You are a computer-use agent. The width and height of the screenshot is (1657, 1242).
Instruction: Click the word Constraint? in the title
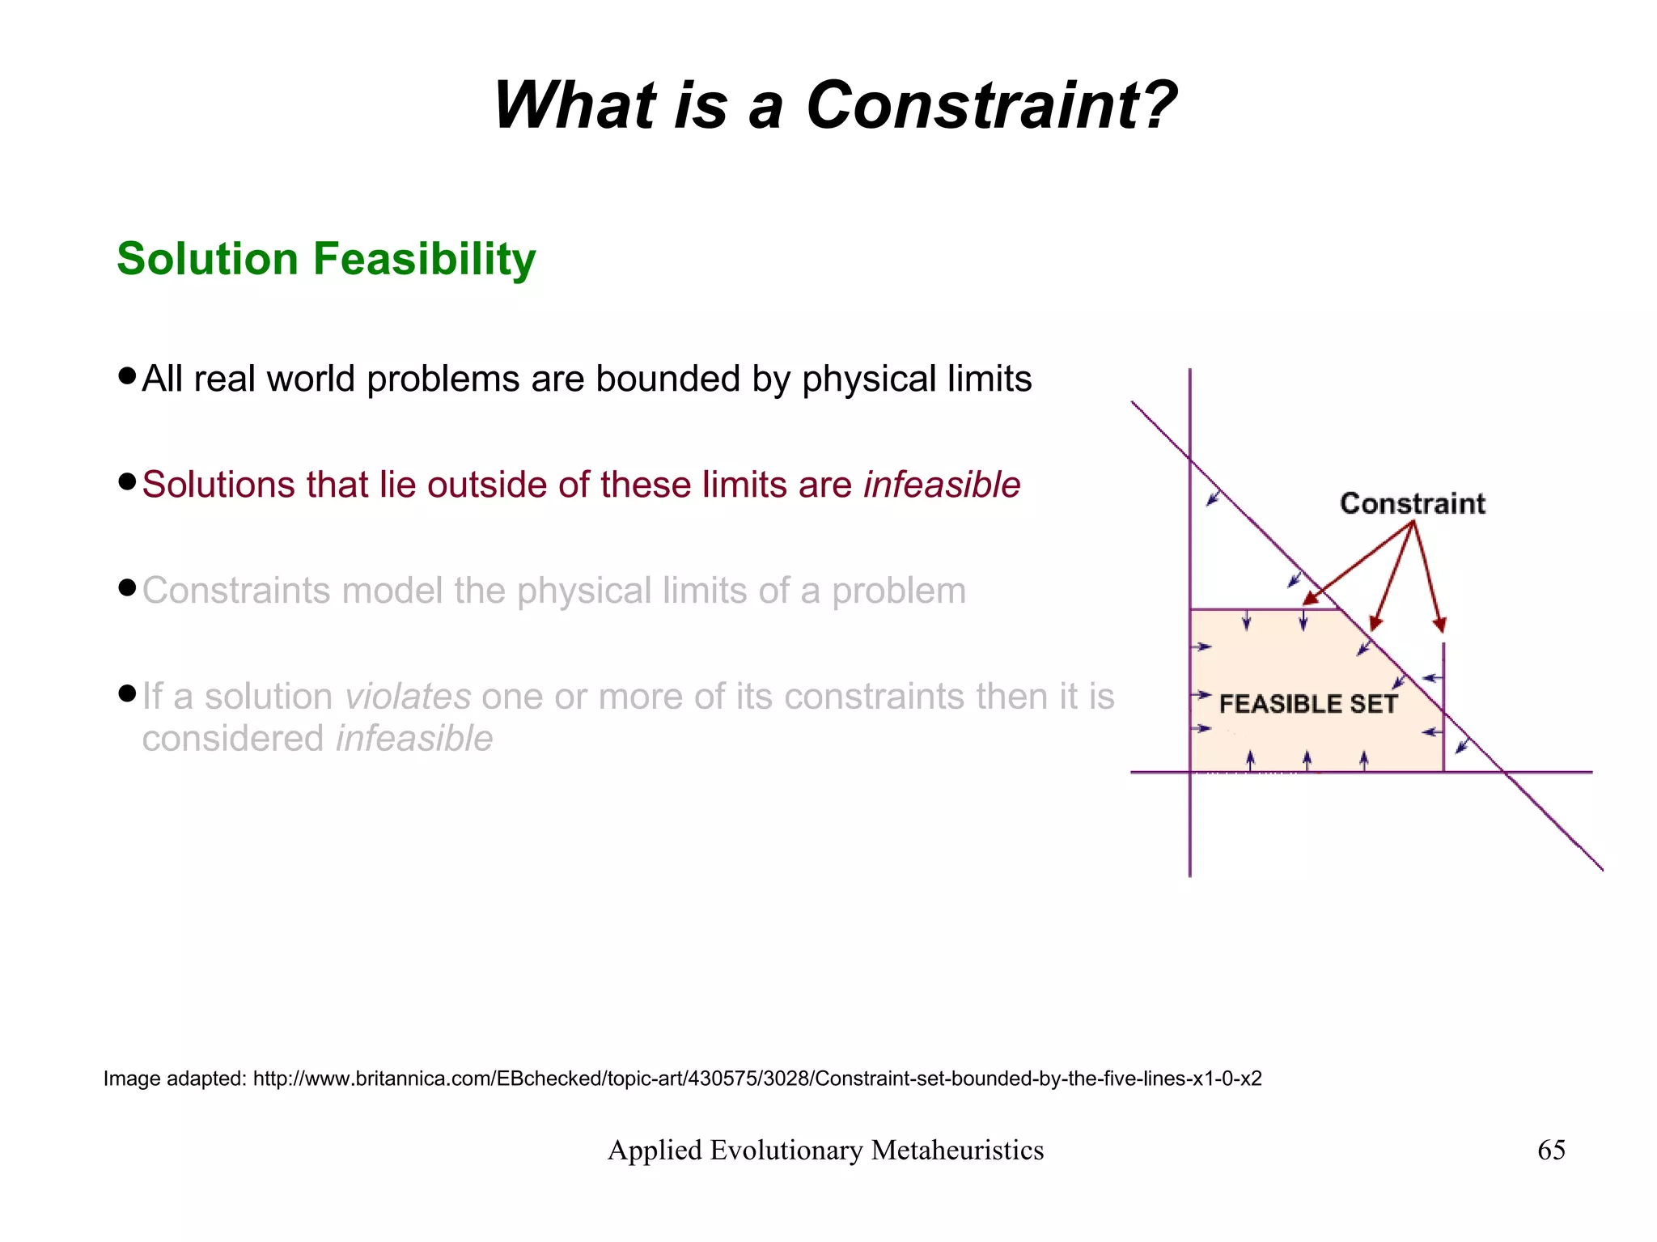pyautogui.click(x=991, y=106)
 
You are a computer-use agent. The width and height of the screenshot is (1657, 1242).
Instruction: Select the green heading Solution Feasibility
pyautogui.click(x=326, y=259)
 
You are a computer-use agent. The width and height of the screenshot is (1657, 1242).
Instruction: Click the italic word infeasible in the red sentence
pyautogui.click(x=942, y=485)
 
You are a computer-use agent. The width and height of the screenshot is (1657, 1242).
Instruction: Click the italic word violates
pyautogui.click(x=408, y=696)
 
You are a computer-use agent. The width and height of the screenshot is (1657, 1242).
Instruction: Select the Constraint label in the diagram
pyautogui.click(x=1413, y=503)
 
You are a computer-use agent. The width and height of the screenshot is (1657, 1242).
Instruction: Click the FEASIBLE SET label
pyautogui.click(x=1307, y=704)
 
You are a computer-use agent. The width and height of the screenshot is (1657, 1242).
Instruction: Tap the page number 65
pyautogui.click(x=1550, y=1150)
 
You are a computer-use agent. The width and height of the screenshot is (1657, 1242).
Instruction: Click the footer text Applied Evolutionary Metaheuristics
pyautogui.click(x=825, y=1150)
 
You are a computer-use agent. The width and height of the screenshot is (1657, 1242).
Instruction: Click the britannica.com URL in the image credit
pyautogui.click(x=756, y=1079)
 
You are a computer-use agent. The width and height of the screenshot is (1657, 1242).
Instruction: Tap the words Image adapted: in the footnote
pyautogui.click(x=174, y=1079)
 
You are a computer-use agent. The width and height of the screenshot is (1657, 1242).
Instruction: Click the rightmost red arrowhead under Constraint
pyautogui.click(x=1439, y=625)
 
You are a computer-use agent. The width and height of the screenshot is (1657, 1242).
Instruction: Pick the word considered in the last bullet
pyautogui.click(x=233, y=738)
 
